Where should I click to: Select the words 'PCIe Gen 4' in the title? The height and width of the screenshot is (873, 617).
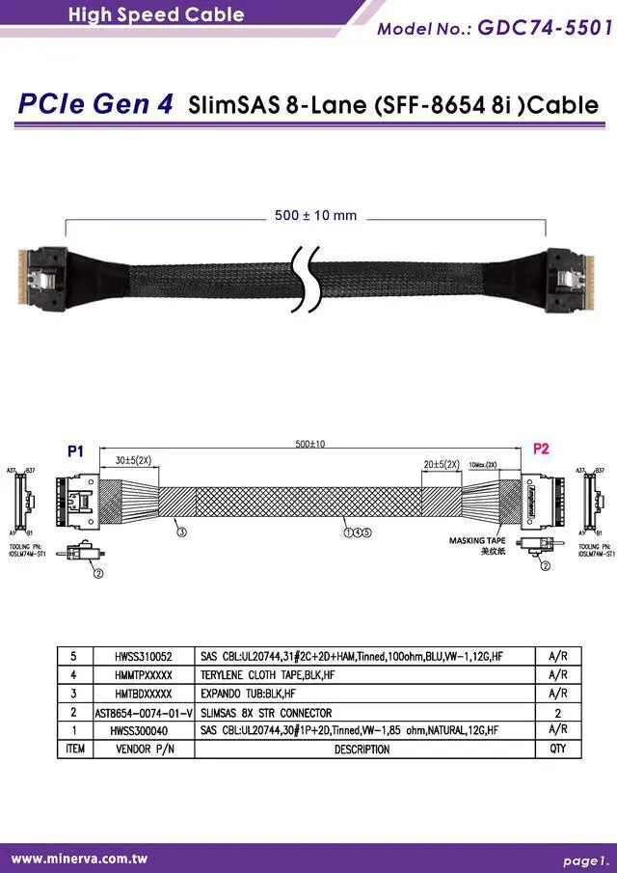point(96,104)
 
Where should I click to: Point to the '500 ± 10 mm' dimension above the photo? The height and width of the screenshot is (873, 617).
point(315,215)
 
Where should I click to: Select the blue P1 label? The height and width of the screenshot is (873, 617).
point(76,450)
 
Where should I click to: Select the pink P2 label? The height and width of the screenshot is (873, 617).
point(541,449)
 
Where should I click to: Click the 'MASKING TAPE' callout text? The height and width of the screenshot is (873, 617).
point(477,541)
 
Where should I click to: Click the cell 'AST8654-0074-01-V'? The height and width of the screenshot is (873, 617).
point(144,712)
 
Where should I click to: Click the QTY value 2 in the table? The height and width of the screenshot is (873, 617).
point(557,712)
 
